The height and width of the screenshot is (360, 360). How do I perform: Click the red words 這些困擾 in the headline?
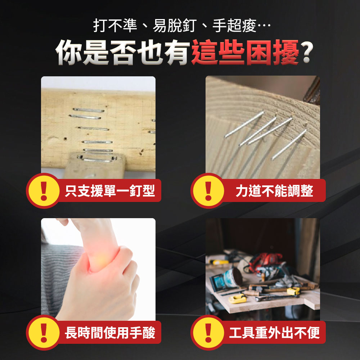[x=245, y=52]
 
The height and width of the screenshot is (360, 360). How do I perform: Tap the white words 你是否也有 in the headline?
[x=123, y=52]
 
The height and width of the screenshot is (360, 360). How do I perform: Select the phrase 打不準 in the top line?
[x=115, y=25]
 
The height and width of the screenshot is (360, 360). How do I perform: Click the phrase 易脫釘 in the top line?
[x=175, y=25]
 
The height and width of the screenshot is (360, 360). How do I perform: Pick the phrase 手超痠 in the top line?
[x=234, y=25]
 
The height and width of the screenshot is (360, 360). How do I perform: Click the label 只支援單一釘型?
[x=110, y=191]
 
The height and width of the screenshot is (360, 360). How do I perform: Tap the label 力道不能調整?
[x=274, y=191]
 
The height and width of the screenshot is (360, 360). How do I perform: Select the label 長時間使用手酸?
[x=110, y=333]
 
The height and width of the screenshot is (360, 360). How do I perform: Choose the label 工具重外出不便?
[x=274, y=333]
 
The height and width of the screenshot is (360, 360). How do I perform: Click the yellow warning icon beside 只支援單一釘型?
[x=44, y=191]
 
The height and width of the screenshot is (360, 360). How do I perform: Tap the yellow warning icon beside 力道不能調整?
[x=208, y=191]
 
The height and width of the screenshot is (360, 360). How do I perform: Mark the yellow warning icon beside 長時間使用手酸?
[x=44, y=333]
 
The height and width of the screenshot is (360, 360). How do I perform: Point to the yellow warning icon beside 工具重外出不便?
[x=208, y=333]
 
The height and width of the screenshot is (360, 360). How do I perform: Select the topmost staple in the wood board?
[x=89, y=110]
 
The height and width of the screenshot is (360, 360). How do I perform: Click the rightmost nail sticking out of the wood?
[x=289, y=145]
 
